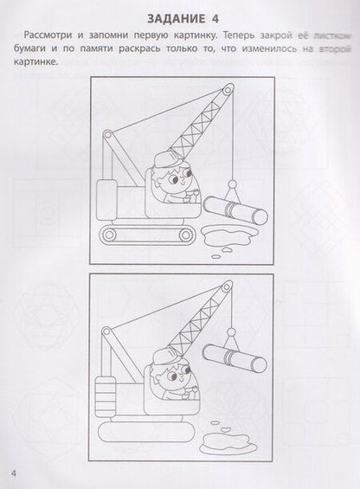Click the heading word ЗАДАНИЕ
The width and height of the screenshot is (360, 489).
pos(176,19)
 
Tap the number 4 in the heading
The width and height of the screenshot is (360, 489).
pos(215,19)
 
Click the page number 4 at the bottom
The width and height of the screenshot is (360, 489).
pos(14,473)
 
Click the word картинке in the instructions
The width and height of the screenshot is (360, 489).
pos(36,61)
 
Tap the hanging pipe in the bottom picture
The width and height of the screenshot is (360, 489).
pos(235,357)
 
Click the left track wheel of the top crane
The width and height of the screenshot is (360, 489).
pos(108,234)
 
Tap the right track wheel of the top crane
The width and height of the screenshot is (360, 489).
pos(187,235)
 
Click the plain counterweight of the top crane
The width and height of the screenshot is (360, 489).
pos(106,200)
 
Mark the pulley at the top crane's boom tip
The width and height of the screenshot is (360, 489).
pos(228,89)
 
